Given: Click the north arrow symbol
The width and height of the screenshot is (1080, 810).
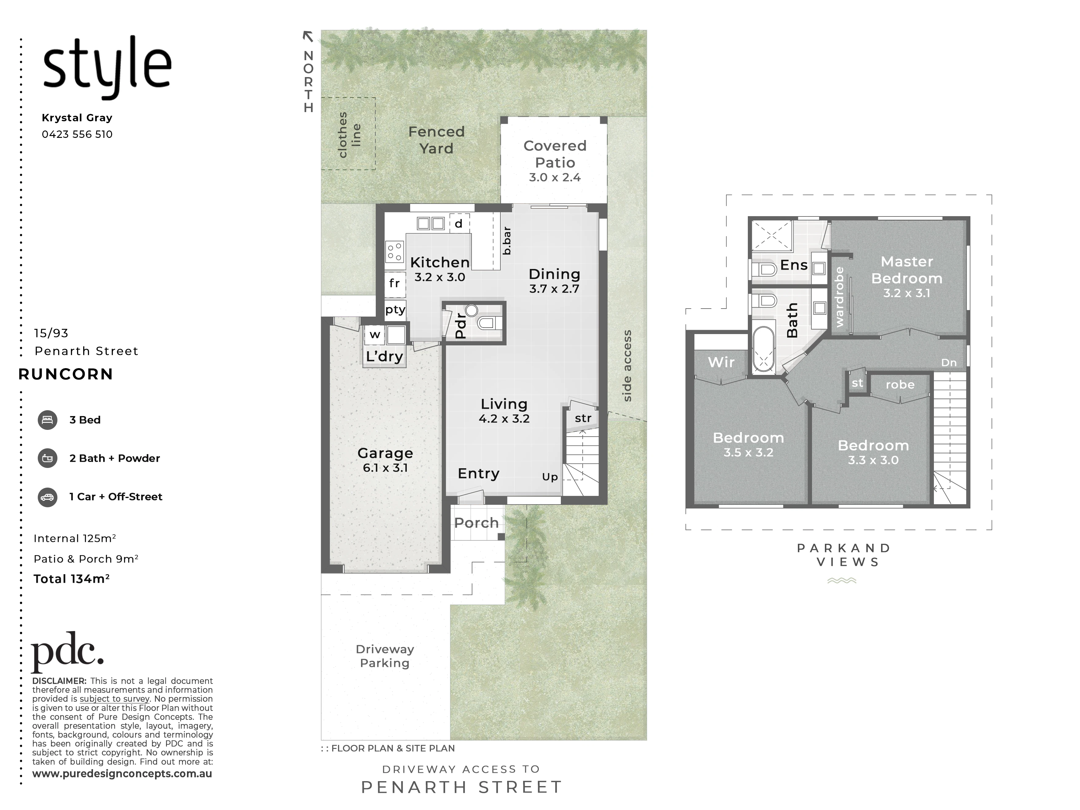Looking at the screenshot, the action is tap(308, 36).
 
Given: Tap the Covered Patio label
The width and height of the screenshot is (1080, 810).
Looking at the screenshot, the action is tap(555, 154).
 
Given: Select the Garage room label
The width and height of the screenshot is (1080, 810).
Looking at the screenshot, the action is tap(385, 453).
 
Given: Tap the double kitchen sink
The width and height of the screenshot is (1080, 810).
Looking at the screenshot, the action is tap(431, 224).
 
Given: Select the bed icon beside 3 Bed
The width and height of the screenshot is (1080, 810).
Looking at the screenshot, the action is tap(47, 420).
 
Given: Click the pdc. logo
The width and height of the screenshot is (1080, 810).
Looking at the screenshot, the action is tap(67, 652).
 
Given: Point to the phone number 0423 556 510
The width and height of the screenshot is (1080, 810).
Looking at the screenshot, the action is tap(77, 134).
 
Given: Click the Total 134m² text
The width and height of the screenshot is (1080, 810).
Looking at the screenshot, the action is tap(71, 579).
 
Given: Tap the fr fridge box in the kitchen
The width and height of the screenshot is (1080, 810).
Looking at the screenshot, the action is tap(394, 283).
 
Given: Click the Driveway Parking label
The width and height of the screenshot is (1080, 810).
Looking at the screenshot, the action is tap(385, 656).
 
